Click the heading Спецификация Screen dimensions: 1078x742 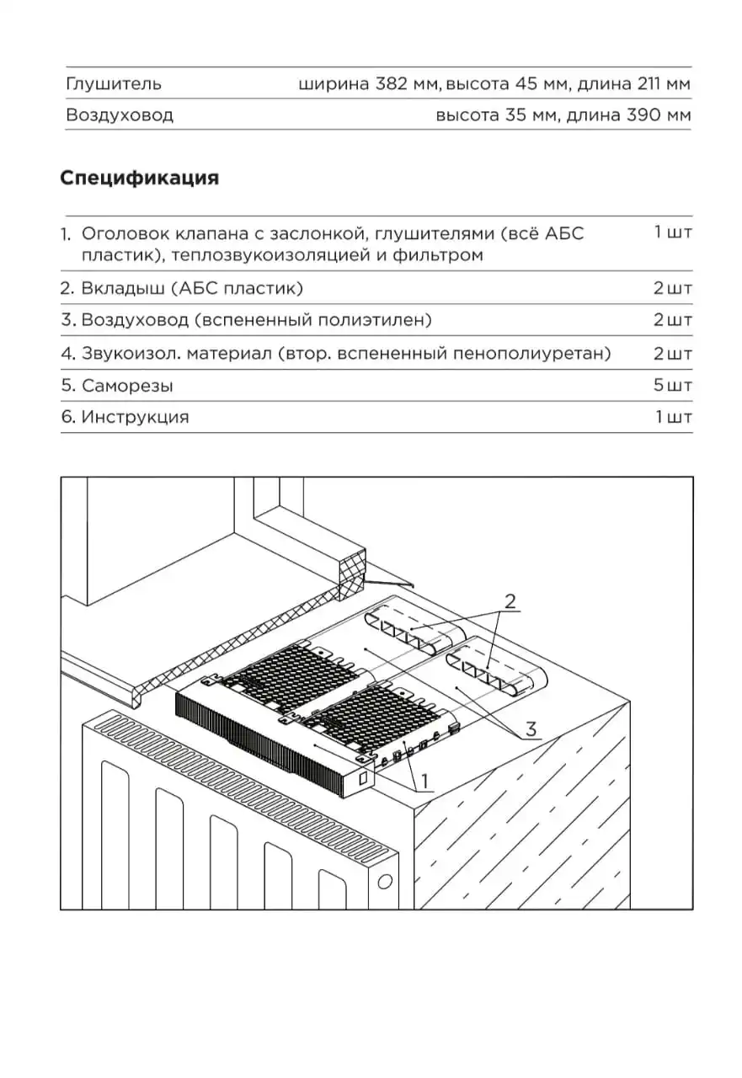[139, 179]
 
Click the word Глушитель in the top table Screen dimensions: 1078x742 [113, 83]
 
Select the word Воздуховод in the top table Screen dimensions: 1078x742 [119, 115]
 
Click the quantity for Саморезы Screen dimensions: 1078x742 [672, 386]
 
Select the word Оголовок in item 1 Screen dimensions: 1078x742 [120, 233]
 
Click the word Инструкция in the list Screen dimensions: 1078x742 [135, 417]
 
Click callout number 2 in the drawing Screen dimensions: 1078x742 [510, 601]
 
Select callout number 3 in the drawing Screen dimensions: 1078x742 [531, 729]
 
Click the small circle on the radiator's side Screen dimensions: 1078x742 [386, 881]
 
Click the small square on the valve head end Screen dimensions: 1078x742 [364, 780]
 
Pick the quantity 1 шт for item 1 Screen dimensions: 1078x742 [672, 232]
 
